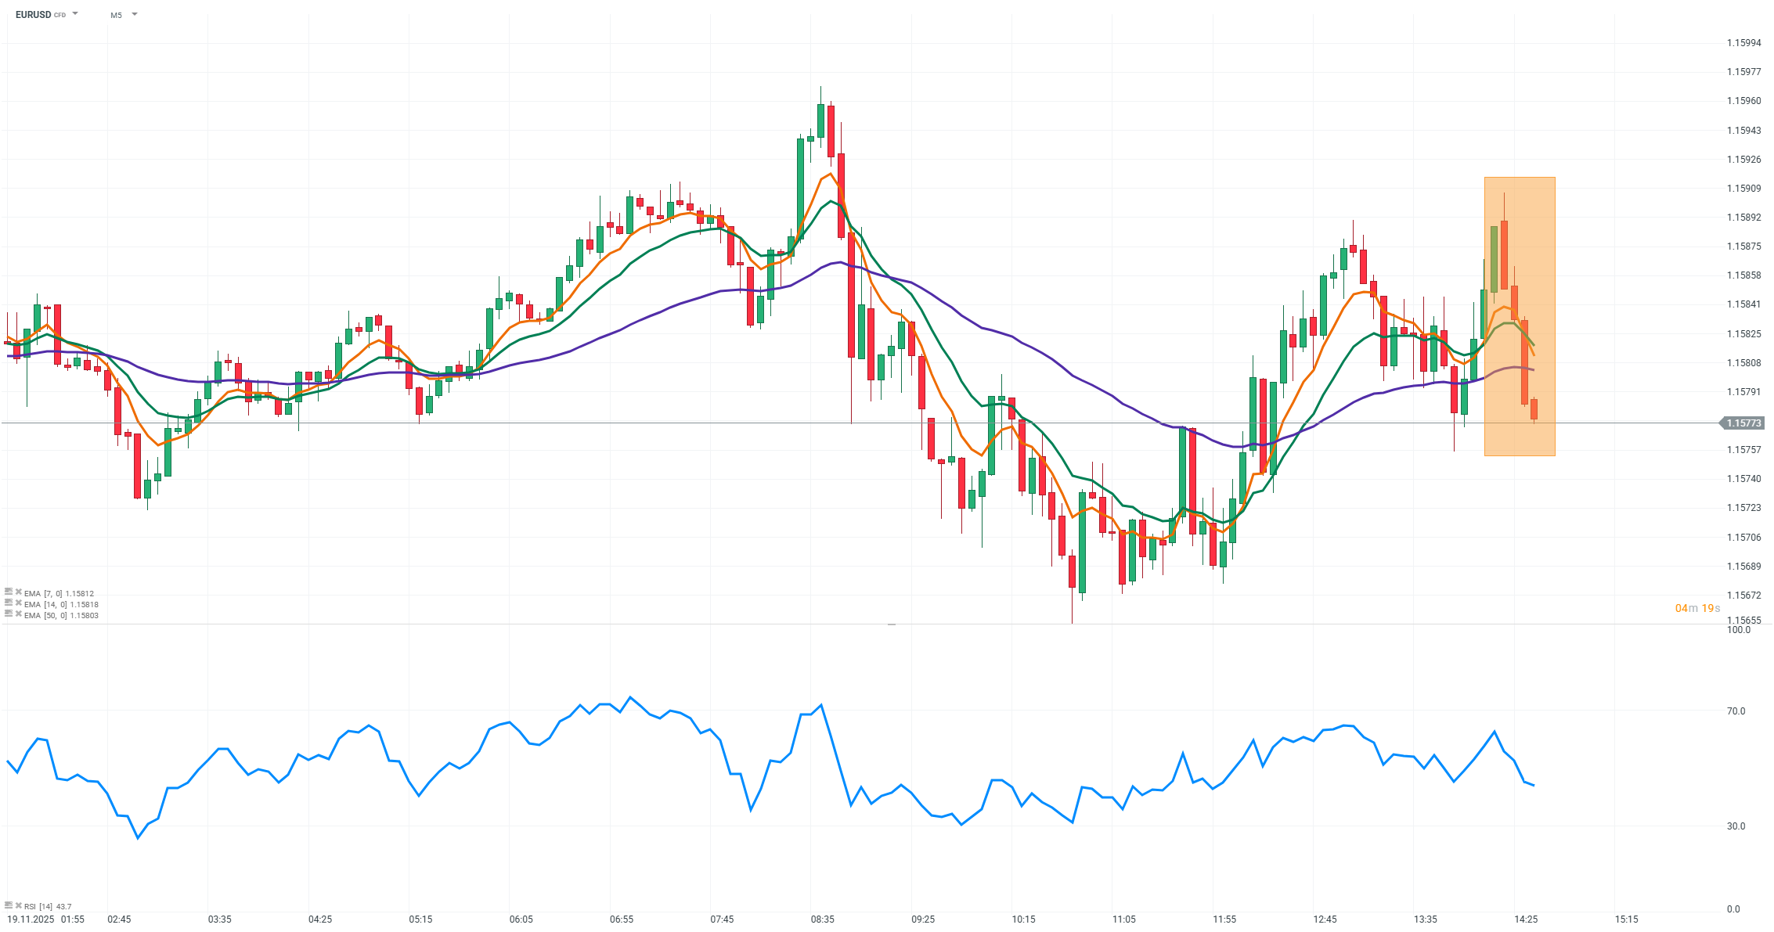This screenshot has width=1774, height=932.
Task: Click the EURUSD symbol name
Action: click(33, 15)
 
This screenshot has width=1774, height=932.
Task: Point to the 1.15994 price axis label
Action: click(1743, 43)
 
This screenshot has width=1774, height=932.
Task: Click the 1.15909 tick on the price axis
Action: click(1743, 189)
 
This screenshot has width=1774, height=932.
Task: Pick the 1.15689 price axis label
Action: click(1743, 567)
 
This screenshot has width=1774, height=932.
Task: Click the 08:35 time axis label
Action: click(823, 919)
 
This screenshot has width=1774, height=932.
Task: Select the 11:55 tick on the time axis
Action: click(1224, 919)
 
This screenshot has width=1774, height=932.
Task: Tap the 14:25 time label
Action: click(1526, 919)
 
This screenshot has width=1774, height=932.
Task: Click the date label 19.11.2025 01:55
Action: click(45, 919)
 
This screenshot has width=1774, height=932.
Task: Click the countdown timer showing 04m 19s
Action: click(1697, 608)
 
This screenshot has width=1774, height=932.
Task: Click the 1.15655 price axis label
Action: click(1743, 621)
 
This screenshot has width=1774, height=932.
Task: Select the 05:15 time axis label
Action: click(420, 919)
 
